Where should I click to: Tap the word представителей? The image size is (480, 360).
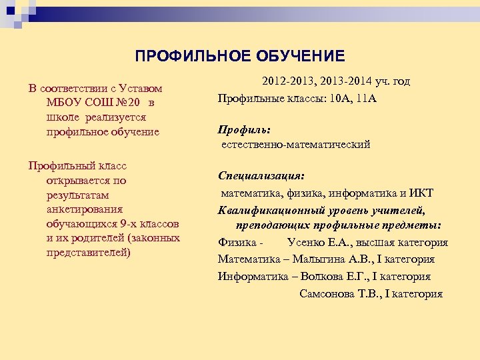pos(88,253)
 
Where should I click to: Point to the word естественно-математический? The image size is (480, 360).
pos(296,144)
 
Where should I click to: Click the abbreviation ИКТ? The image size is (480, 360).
pos(421,193)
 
